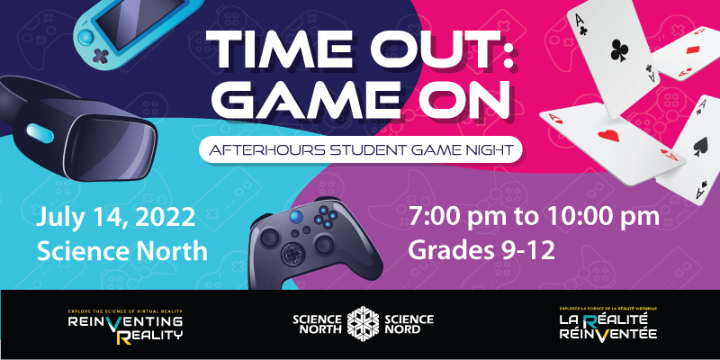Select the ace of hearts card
[612, 141]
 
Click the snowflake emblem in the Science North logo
[363, 324]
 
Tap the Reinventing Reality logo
[125, 326]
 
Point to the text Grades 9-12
[481, 251]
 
